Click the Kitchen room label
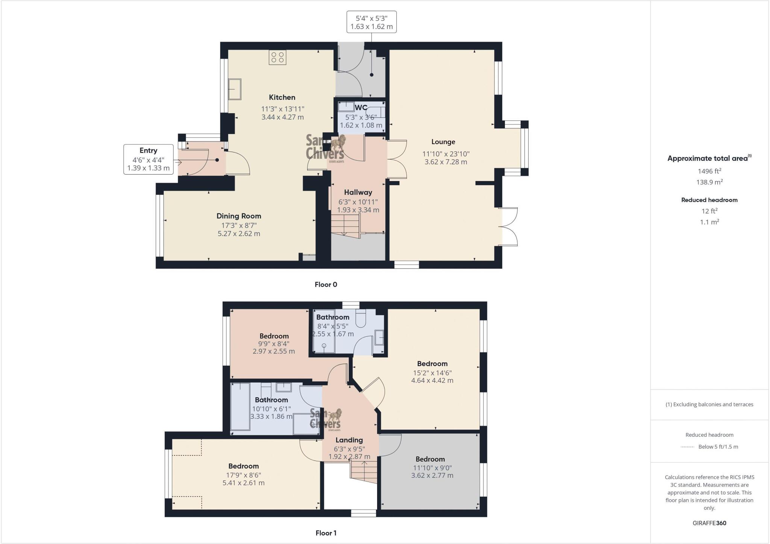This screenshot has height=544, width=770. click(x=282, y=97)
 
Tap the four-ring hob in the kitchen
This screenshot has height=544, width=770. click(x=277, y=58)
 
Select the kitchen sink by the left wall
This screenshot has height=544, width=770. click(x=235, y=89)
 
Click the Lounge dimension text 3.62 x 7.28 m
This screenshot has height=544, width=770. click(x=446, y=162)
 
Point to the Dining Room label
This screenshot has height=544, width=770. click(x=238, y=216)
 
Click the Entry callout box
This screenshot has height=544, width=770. click(x=149, y=159)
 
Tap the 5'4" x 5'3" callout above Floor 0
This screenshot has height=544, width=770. click(x=371, y=22)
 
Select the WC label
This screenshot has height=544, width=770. click(x=361, y=108)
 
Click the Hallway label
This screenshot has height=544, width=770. click(x=358, y=192)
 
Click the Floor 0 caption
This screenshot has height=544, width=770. click(x=326, y=284)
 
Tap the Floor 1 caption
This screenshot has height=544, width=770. click(x=326, y=533)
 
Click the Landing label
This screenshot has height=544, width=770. click(x=349, y=440)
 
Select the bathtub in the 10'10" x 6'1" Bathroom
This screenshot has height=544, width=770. click(x=240, y=407)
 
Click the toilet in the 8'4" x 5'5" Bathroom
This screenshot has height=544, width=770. click(x=362, y=318)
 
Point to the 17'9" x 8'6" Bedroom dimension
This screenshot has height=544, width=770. click(x=243, y=475)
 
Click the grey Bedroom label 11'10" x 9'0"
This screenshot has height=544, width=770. click(x=430, y=459)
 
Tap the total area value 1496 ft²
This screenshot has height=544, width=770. click(x=709, y=171)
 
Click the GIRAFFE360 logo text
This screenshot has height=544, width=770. click(x=709, y=523)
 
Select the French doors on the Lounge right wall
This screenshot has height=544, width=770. click(x=508, y=226)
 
